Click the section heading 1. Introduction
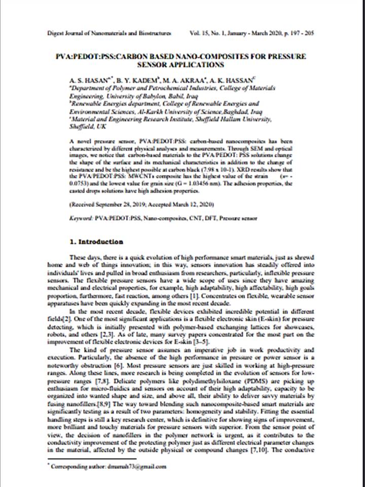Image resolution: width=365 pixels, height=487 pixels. coord(96,241)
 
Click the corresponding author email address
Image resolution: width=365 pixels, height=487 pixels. coord(134,466)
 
